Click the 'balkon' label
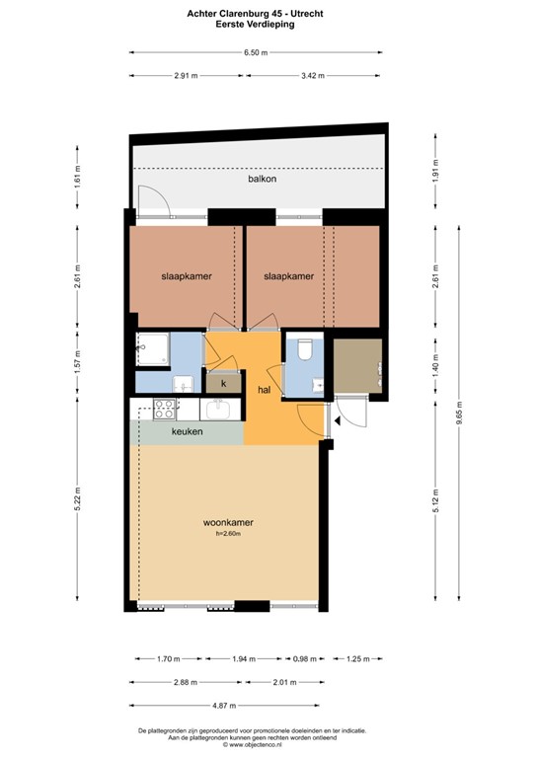point(262,180)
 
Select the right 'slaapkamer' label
point(289,277)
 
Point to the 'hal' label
point(265,390)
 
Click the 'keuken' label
point(188,431)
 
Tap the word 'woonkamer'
point(229,522)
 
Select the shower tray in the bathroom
point(153,347)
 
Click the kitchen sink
point(219,408)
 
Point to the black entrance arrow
point(338,419)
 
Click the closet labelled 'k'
point(223,383)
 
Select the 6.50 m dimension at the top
point(257,52)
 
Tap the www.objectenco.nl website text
point(259,744)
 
